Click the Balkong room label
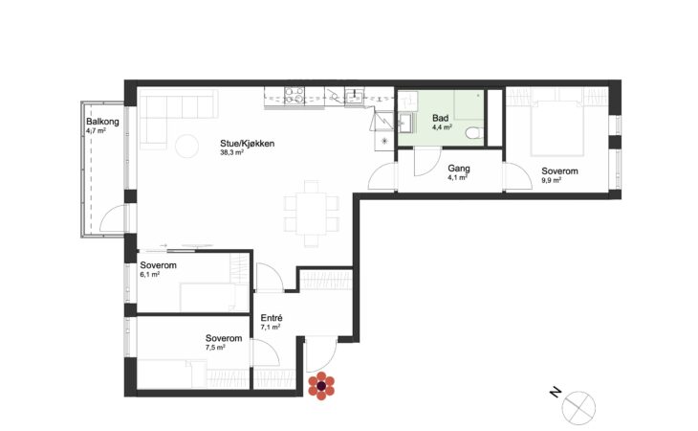(102, 122)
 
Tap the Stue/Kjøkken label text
(247, 144)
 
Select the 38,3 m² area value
(232, 152)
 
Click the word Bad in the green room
(440, 118)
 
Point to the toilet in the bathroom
(473, 132)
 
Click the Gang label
(459, 169)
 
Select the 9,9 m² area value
(551, 180)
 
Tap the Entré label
(272, 318)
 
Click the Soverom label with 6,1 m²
(158, 265)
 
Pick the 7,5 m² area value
(215, 348)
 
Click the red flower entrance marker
(321, 386)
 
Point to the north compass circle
(578, 408)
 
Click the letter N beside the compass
(556, 393)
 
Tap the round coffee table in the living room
(187, 146)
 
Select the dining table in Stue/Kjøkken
(312, 214)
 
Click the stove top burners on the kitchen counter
(294, 96)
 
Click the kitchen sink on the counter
(355, 96)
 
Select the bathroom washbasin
(405, 123)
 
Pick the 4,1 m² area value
(457, 177)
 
